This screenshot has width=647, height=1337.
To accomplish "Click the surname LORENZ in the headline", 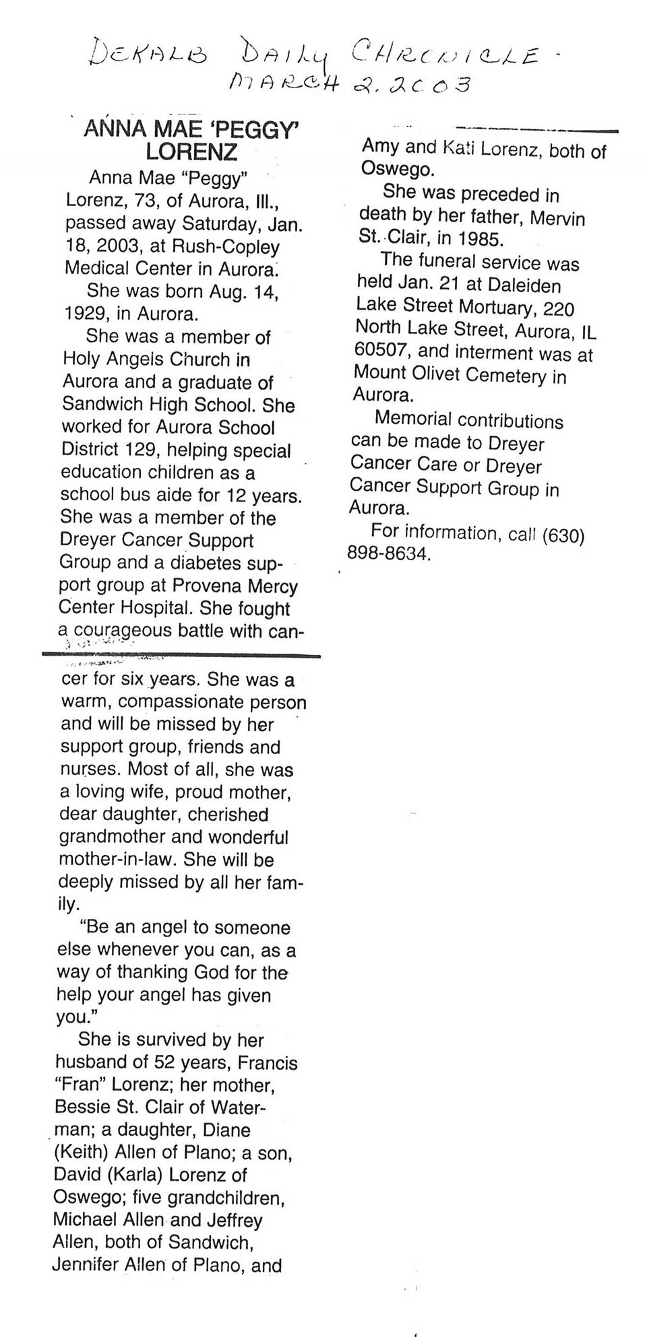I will point(191,151).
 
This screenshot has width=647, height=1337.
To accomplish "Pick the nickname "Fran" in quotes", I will point(80,1085).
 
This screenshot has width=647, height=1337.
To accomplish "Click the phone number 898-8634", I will point(388,554).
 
